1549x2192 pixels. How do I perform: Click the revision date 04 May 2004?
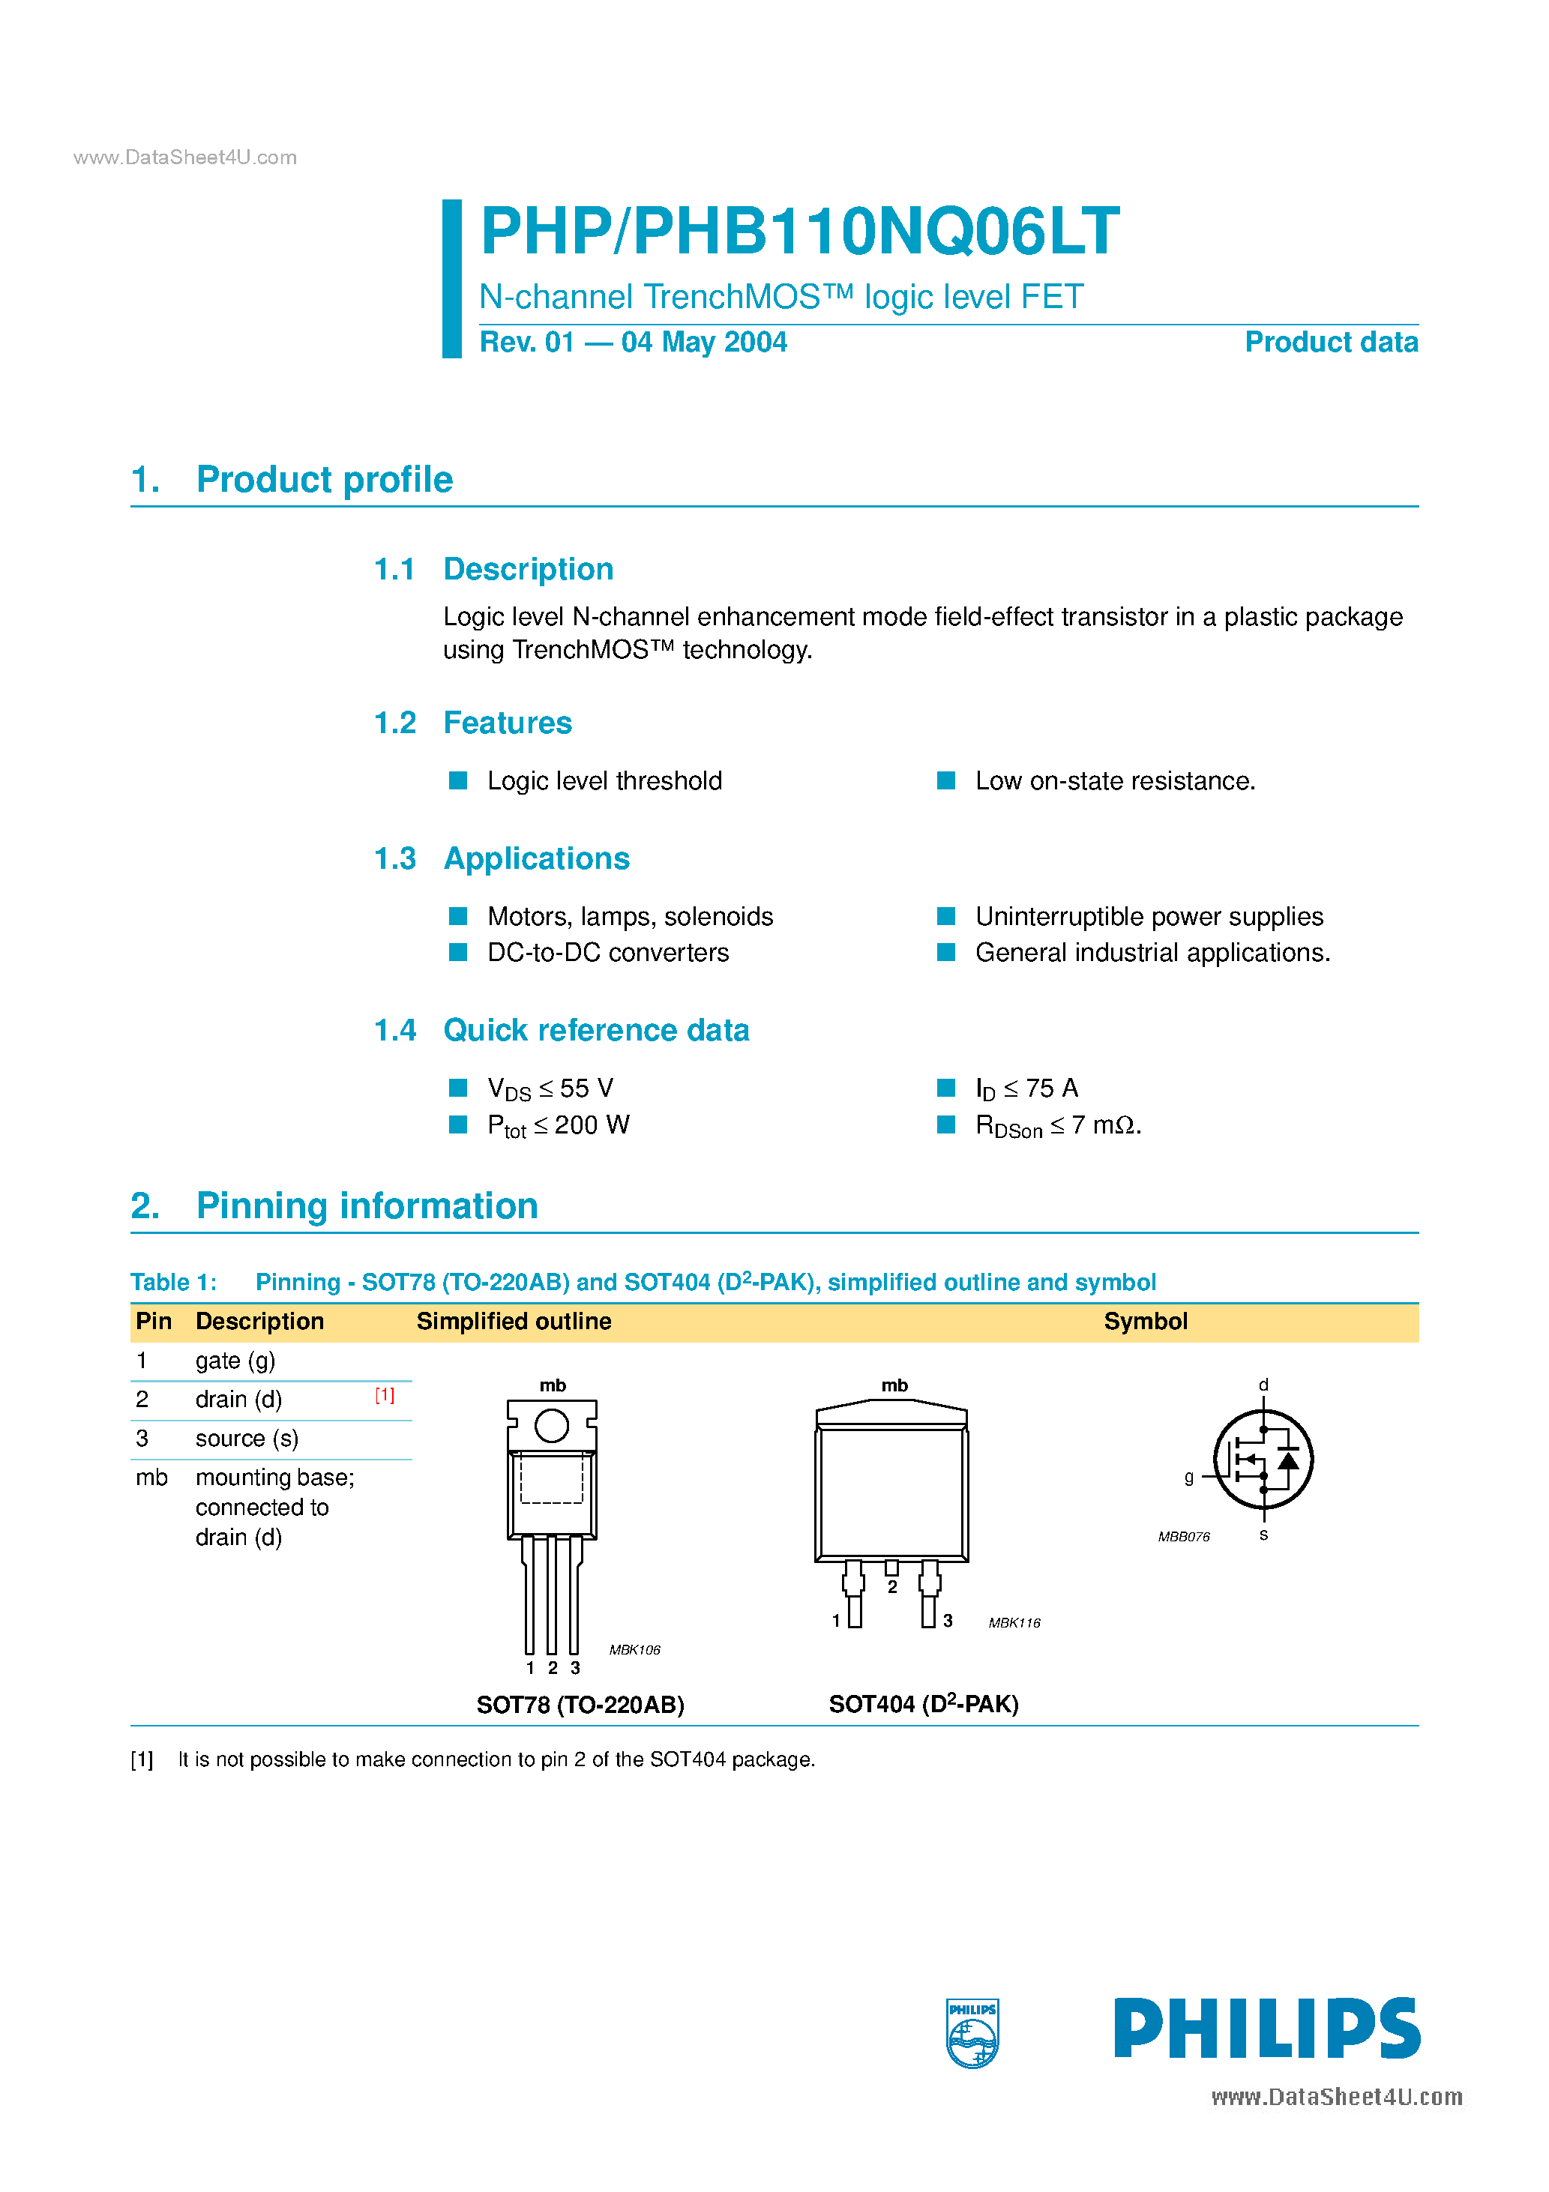pyautogui.click(x=704, y=342)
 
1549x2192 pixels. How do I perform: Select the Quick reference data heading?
pyautogui.click(x=596, y=1030)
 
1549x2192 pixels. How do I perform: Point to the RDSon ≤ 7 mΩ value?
pyautogui.click(x=1057, y=1125)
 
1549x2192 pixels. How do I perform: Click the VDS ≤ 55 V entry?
pyautogui.click(x=550, y=1089)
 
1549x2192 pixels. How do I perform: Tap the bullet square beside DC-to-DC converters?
pyautogui.click(x=458, y=952)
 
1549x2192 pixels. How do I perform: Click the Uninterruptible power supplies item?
pyautogui.click(x=1149, y=917)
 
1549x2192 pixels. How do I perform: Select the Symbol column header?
pyautogui.click(x=1145, y=1322)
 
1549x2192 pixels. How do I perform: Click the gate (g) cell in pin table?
pyautogui.click(x=235, y=1361)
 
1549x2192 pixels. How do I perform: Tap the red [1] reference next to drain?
pyautogui.click(x=384, y=1396)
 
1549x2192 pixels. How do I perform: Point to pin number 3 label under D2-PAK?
pyautogui.click(x=948, y=1620)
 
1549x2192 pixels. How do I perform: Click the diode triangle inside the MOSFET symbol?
pyautogui.click(x=1288, y=1460)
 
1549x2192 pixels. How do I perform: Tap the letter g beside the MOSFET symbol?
pyautogui.click(x=1189, y=1477)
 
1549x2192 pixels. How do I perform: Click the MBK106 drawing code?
pyautogui.click(x=634, y=1650)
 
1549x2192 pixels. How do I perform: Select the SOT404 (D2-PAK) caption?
pyautogui.click(x=924, y=1704)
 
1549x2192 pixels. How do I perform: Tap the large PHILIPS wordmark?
pyautogui.click(x=1266, y=2029)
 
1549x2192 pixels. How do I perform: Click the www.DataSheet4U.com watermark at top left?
pyautogui.click(x=185, y=157)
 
